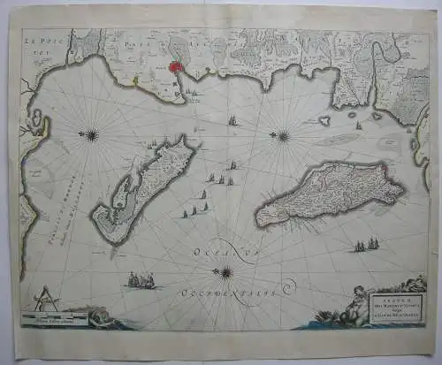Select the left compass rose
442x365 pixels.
pos(91,135)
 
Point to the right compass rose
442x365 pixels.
pos(283,136)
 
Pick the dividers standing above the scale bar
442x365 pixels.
pos(48,300)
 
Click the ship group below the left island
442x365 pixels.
pos(140,280)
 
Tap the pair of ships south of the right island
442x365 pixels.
pos(366,245)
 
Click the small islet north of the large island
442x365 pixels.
pos(325,120)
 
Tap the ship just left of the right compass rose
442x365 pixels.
pos(232,119)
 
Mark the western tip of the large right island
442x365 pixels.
pos(259,215)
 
